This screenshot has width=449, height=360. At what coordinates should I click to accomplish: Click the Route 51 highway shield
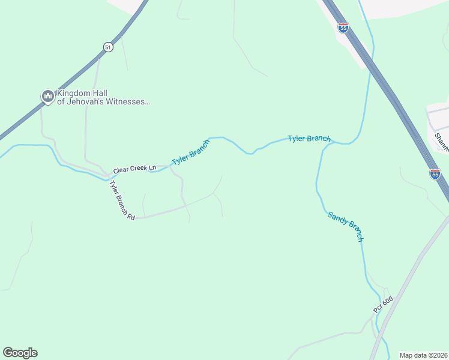108,47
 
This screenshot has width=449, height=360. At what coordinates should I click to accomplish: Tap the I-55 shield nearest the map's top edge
343,28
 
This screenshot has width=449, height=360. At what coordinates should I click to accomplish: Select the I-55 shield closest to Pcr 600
435,174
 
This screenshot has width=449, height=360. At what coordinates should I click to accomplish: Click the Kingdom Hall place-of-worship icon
47,96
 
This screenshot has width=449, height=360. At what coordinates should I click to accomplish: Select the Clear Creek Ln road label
134,170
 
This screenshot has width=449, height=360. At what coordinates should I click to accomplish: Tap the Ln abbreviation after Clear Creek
152,169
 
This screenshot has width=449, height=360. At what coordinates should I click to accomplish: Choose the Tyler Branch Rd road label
122,200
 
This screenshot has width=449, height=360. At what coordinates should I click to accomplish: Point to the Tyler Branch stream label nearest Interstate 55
309,139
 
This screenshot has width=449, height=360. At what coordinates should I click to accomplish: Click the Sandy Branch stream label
346,226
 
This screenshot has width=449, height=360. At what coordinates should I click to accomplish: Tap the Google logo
20,353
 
